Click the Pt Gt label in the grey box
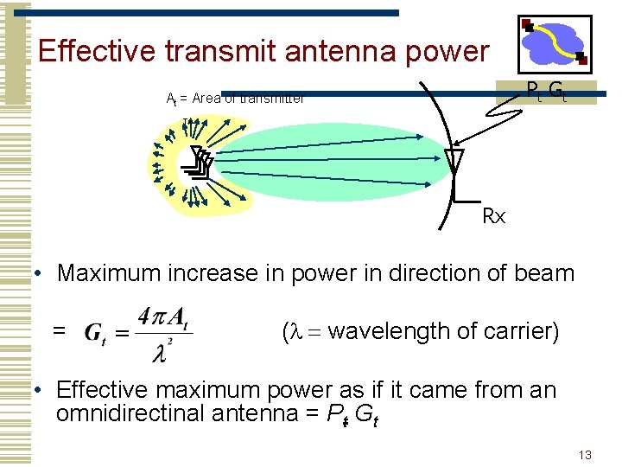click(x=546, y=90)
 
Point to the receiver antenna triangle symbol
click(x=454, y=161)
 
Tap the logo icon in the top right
click(x=554, y=44)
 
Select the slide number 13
click(x=585, y=455)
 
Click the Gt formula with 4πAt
click(x=138, y=331)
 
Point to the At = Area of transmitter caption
click(x=235, y=99)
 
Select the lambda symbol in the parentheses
click(x=298, y=332)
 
